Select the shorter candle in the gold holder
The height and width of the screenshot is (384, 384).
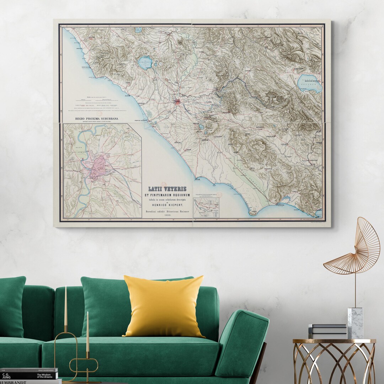[x=87, y=331]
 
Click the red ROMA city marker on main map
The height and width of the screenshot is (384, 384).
[x=177, y=102]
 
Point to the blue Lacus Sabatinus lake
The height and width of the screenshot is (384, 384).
[x=145, y=63]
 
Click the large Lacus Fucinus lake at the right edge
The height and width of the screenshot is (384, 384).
[x=310, y=84]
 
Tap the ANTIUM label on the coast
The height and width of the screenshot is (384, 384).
[x=198, y=180]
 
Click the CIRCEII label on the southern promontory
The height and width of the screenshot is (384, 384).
[x=254, y=212]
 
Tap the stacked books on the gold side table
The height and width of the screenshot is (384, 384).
[x=327, y=331]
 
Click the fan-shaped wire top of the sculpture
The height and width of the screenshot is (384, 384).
[x=356, y=249]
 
